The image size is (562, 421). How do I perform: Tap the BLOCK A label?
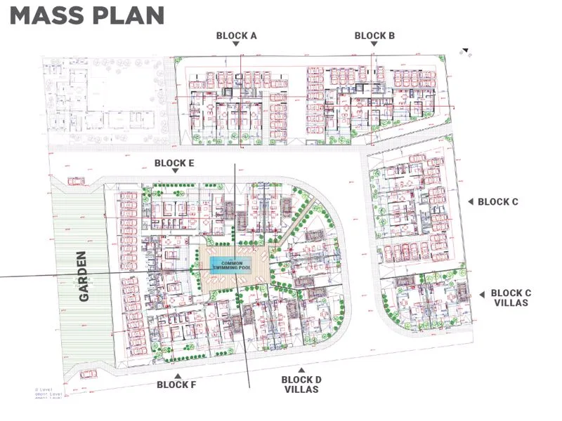tap(236, 35)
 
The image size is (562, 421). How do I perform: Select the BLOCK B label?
tap(374, 35)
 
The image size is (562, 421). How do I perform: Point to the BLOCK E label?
tap(174, 163)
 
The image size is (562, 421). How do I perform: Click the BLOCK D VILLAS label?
tap(301, 385)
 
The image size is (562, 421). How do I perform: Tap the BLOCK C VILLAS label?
tap(516, 298)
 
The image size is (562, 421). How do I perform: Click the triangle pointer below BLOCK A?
tap(236, 44)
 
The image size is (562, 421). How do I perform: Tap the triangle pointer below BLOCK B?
tap(374, 44)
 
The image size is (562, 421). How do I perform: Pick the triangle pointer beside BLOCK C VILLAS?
tap(482, 295)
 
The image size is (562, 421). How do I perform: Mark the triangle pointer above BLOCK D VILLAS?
tap(301, 370)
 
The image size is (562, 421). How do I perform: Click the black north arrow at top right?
tap(465, 51)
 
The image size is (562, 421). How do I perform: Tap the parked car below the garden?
tap(87, 374)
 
